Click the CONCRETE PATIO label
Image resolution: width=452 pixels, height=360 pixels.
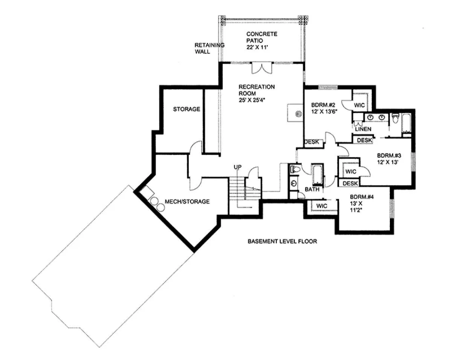pos(262,37)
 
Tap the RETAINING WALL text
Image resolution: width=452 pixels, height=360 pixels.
pos(209,48)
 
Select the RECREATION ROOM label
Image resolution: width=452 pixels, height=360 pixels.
pos(257,90)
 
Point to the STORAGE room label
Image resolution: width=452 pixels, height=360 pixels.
pos(186,109)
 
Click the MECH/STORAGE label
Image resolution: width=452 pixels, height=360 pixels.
pos(187,201)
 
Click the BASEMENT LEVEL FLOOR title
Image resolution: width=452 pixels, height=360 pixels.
pos(282,241)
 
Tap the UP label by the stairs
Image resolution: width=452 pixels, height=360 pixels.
pos(238,167)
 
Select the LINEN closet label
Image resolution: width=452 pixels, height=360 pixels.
pos(363,129)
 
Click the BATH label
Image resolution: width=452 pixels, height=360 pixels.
pos(312,189)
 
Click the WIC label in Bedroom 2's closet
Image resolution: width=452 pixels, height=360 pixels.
pos(359,105)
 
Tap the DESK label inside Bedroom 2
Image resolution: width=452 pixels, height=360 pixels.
pos(312,142)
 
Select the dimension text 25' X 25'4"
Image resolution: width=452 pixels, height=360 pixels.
pos(252,100)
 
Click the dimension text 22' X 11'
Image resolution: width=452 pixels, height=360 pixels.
pos(257,47)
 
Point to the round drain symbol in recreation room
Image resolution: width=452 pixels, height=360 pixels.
pos(298,114)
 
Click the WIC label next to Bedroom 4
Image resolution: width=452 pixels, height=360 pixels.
pos(322,206)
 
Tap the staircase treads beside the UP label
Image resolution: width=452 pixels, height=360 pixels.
pos(237,189)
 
